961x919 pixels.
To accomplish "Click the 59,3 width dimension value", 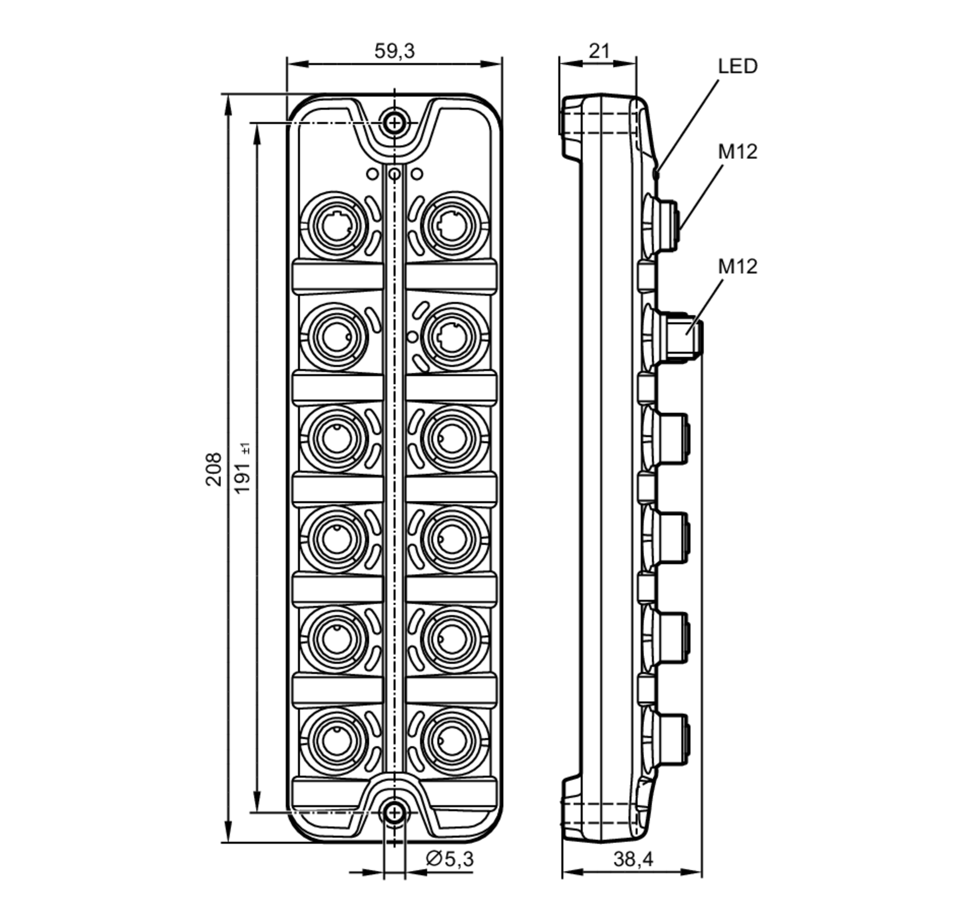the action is click(x=394, y=51).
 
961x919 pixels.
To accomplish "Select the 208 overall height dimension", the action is click(x=213, y=469).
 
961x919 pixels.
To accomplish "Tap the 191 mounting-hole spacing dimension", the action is click(x=243, y=468).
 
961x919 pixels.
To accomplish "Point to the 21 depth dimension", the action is click(x=599, y=51).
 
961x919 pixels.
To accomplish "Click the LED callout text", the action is click(x=738, y=66).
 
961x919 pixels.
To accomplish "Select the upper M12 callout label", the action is click(x=738, y=152).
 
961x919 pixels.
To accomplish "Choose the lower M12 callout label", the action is click(x=738, y=267).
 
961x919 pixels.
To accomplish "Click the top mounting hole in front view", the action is click(x=394, y=123).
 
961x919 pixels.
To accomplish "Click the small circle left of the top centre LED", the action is click(x=372, y=174).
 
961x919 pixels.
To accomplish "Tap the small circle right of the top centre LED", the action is click(x=417, y=174).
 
